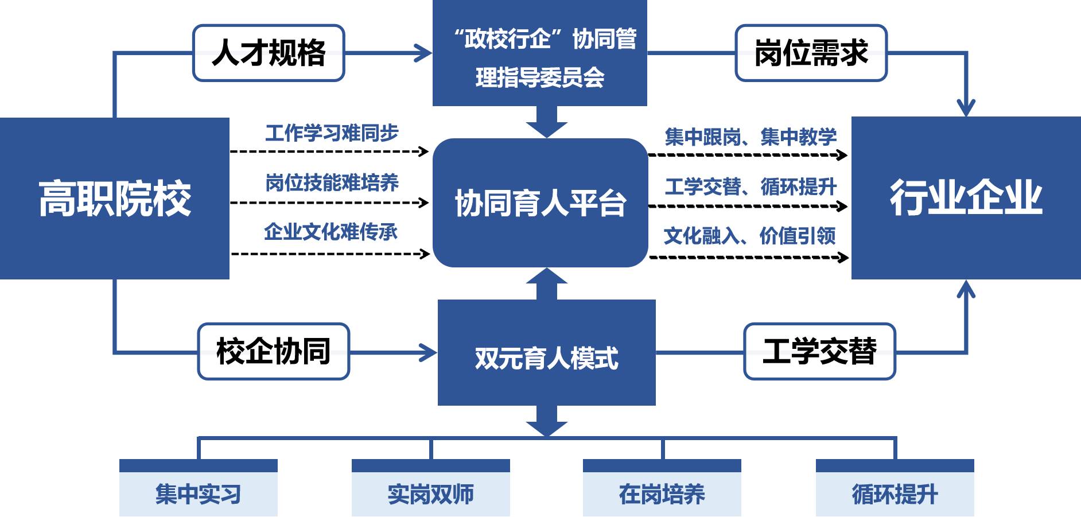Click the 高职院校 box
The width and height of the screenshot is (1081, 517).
tap(115, 198)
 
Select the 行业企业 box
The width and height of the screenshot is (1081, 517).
tap(966, 198)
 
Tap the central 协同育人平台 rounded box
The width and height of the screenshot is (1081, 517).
tap(540, 203)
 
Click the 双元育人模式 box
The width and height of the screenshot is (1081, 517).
tap(546, 352)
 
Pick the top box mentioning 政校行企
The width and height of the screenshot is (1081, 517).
tap(539, 53)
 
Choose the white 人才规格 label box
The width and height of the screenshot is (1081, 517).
tap(269, 53)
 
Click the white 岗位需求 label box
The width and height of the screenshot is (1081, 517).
tap(811, 53)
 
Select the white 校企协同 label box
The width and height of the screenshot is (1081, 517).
tap(273, 351)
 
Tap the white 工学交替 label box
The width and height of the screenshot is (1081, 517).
tap(819, 351)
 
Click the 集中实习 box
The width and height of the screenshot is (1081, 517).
tap(198, 493)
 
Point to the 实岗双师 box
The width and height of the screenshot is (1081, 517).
tap(430, 493)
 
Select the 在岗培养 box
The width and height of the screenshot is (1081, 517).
tap(662, 493)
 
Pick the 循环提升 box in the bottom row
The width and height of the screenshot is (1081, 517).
tap(895, 493)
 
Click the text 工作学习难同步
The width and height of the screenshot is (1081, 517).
tap(332, 133)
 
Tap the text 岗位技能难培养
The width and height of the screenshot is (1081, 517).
tap(332, 182)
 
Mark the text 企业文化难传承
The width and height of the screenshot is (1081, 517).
tap(330, 232)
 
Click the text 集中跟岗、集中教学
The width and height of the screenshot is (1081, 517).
tap(751, 137)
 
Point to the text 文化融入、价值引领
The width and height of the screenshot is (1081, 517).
tap(749, 236)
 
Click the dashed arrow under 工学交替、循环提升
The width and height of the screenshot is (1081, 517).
tap(748, 206)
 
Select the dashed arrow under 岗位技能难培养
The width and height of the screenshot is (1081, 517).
tap(329, 203)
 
